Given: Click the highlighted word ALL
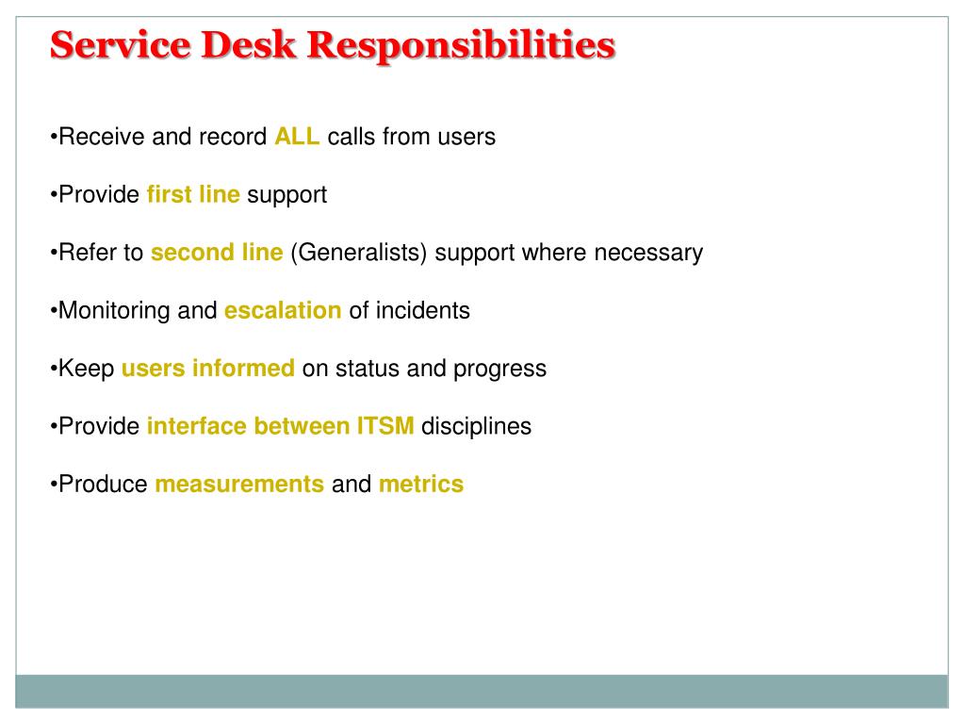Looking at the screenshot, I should pos(297,137).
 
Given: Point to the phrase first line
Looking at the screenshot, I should pos(193,195).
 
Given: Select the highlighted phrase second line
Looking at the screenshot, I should pos(217,253).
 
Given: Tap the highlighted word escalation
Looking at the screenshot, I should pos(283,310).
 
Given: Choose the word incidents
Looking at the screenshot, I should pos(422,310).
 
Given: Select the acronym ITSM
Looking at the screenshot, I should pos(384,426).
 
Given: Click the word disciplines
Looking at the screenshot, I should pos(476,426).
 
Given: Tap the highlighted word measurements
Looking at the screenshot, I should pos(239,484).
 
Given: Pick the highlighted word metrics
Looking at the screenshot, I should pos(421,484).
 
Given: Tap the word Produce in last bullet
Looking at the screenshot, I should pos(103,484).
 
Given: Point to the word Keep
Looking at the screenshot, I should pos(86,369).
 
